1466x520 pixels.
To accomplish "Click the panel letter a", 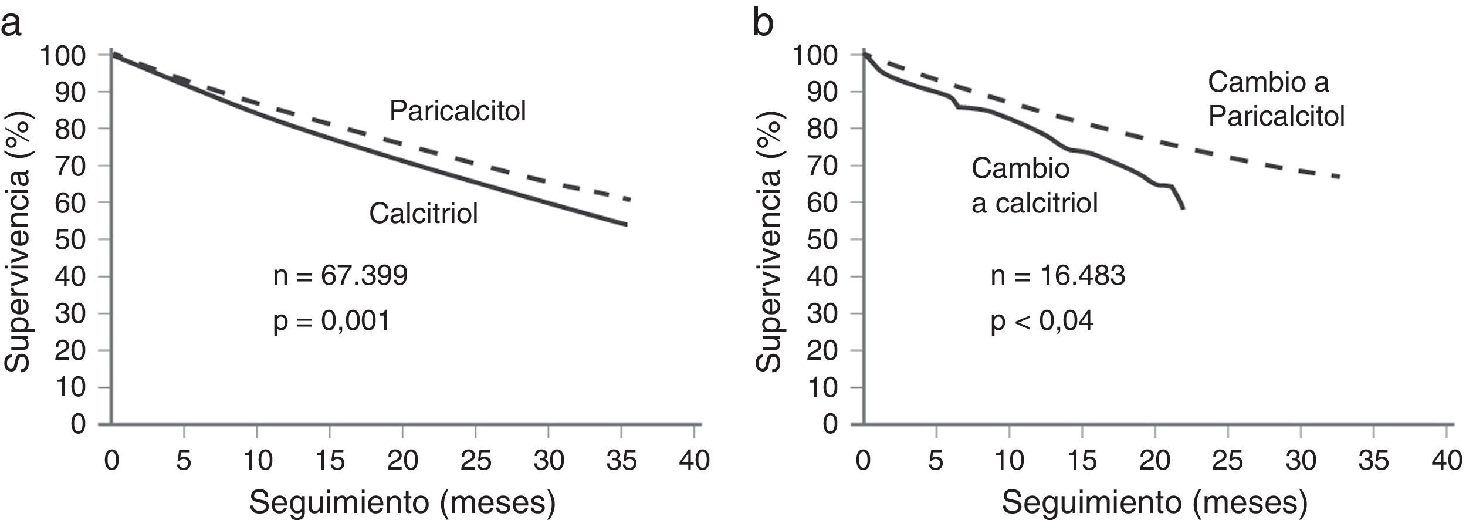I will click(11, 25).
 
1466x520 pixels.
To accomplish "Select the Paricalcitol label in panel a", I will click(458, 111).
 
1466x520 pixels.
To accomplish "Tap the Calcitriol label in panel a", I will click(423, 214).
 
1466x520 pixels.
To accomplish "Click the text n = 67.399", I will click(340, 275).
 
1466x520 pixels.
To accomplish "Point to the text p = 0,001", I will click(331, 321).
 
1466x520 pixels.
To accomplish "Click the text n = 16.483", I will click(1058, 275).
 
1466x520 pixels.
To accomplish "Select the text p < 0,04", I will click(1042, 321).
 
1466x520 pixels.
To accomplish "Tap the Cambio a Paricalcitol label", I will click(1276, 100).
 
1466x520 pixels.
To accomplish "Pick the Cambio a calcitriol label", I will click(1034, 186).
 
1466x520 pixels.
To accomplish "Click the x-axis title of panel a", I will click(402, 503).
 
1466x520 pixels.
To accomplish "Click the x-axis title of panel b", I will click(1154, 503).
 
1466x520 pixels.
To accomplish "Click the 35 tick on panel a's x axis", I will click(621, 461).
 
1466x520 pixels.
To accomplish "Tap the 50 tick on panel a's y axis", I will click(71, 239).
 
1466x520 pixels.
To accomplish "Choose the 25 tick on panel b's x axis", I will click(1228, 461).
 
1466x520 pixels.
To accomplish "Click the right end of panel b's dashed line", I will click(1339, 177).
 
